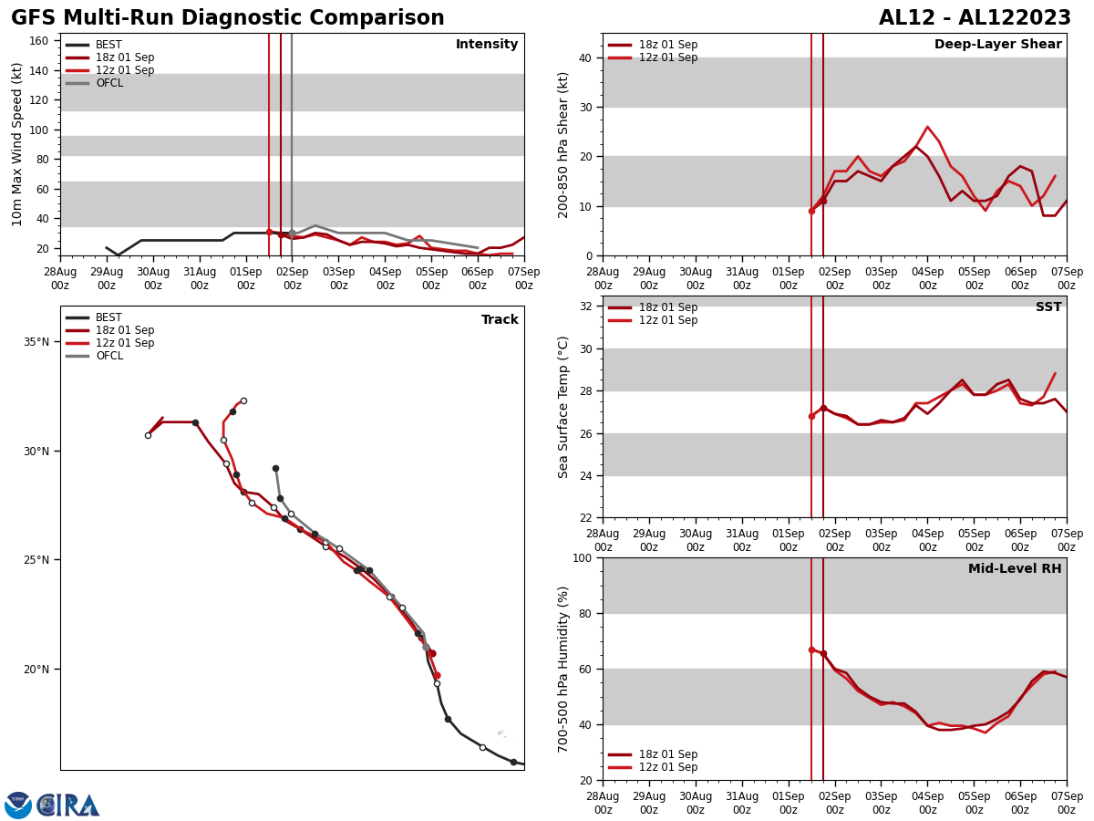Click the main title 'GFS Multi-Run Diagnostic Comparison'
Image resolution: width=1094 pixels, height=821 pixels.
(x=228, y=18)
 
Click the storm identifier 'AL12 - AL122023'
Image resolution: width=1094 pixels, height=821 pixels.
(x=975, y=18)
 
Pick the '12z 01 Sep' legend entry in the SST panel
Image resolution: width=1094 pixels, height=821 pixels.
(x=667, y=320)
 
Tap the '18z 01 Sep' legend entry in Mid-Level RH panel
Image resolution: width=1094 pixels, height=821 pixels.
(x=667, y=754)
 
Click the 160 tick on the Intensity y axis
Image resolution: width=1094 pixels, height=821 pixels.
(x=39, y=41)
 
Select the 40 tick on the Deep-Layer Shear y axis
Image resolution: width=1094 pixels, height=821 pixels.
(x=583, y=57)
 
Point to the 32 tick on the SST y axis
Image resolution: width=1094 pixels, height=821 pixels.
(x=583, y=307)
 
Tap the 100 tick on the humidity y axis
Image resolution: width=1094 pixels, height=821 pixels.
(x=580, y=557)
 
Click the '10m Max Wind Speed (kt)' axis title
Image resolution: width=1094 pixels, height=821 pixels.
(x=18, y=144)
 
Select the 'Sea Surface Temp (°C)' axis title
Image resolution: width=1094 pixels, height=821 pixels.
(x=563, y=407)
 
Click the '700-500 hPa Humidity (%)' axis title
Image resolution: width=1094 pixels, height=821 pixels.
(x=563, y=669)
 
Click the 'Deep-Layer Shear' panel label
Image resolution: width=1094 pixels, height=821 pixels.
(x=997, y=45)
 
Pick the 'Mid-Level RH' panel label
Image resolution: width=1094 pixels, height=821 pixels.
(x=1014, y=569)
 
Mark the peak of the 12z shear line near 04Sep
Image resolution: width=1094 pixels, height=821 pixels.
(x=927, y=127)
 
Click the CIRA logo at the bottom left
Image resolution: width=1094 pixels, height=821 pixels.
(x=69, y=805)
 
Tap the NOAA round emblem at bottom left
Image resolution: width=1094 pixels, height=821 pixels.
(x=18, y=805)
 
